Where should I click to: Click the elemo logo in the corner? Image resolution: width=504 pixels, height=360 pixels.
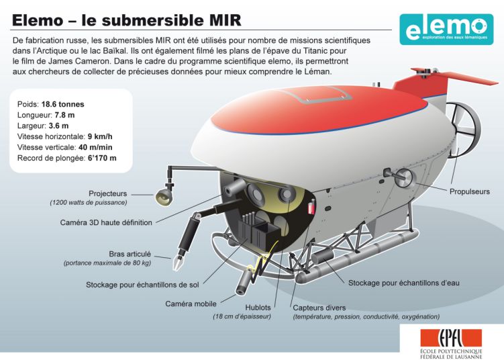point(446,30)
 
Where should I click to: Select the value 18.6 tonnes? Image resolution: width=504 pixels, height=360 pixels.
point(62,104)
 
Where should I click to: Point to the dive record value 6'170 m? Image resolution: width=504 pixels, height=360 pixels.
point(102,158)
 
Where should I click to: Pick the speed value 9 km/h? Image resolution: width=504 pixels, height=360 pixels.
point(100,136)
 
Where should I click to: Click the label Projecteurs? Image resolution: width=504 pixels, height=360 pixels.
point(107,193)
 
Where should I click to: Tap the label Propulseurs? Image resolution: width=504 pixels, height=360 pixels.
point(470,191)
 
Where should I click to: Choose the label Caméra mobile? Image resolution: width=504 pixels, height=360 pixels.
point(191,304)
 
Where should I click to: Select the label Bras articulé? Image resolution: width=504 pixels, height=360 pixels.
point(130,254)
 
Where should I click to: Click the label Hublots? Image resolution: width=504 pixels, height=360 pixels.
point(258,308)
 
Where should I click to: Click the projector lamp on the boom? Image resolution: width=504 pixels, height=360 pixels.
point(164,197)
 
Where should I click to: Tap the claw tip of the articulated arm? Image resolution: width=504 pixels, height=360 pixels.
point(178,263)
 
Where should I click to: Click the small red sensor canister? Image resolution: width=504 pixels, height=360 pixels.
point(311,207)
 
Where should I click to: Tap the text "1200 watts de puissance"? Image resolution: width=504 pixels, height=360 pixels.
point(89,203)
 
